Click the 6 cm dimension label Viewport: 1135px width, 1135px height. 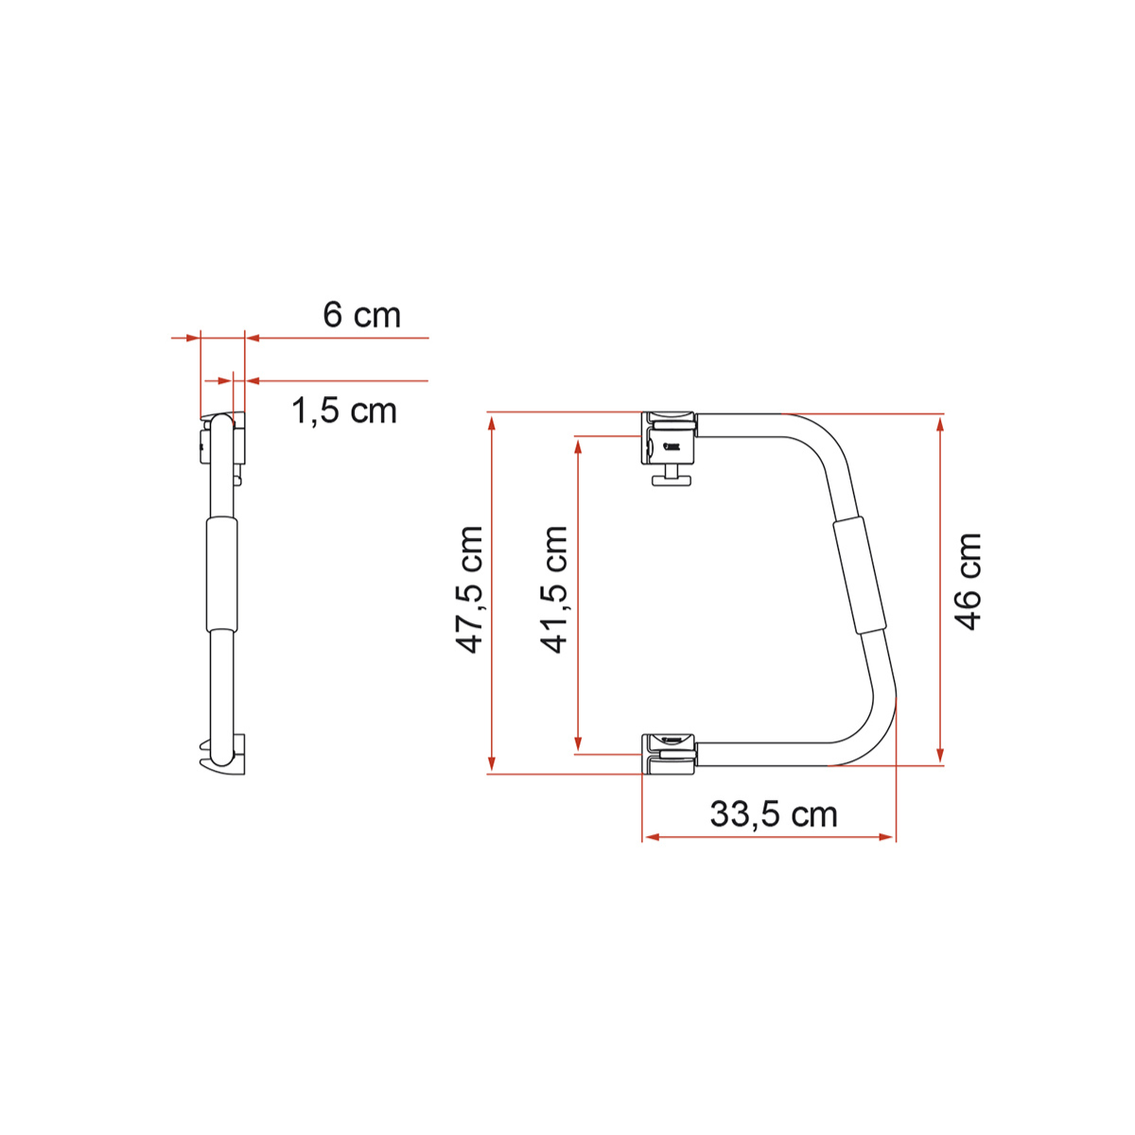pos(361,315)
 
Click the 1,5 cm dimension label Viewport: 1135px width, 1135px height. pos(343,410)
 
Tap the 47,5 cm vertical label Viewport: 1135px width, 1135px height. pos(470,590)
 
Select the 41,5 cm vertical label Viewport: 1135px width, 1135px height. pos(554,590)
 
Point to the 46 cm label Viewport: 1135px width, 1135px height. pos(968,582)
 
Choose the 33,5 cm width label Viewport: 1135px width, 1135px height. pos(773,814)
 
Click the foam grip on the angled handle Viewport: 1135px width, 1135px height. pos(860,575)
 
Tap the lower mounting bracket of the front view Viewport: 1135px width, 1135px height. pos(669,754)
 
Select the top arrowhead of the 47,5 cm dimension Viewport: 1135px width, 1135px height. pos(492,422)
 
